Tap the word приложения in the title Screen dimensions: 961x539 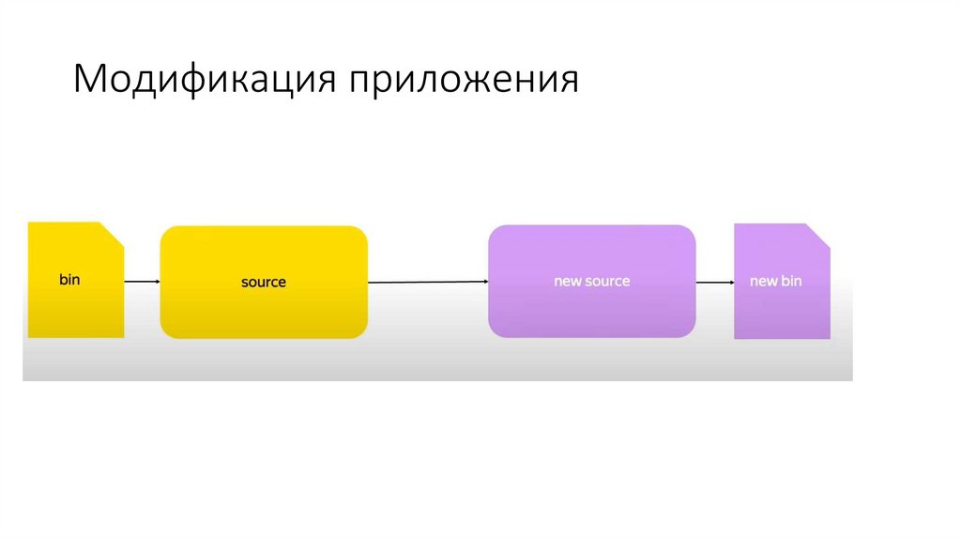[465, 82]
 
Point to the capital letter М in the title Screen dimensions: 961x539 [91, 80]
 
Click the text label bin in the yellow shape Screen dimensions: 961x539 [69, 280]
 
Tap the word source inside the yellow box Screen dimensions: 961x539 [264, 282]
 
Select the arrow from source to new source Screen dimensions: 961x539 [427, 281]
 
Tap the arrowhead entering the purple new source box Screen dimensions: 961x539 [484, 281]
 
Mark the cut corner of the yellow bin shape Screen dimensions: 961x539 [113, 233]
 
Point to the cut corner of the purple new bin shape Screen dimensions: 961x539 [819, 235]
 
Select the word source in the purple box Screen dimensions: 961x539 [608, 281]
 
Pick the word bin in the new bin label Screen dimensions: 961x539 [791, 281]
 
